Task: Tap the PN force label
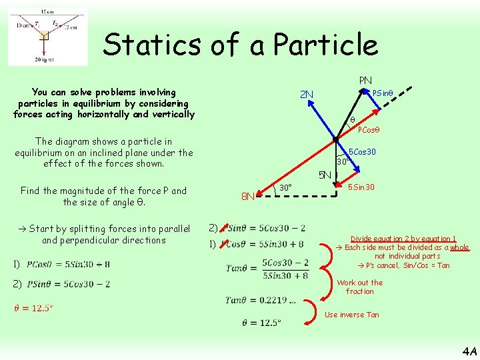(x=365, y=81)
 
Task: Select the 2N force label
(x=307, y=94)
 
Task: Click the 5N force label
(x=325, y=176)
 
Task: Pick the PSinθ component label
(x=383, y=93)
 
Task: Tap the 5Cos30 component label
(x=363, y=152)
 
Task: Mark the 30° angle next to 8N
(x=285, y=187)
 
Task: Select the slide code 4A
(x=468, y=350)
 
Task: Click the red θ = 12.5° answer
(x=33, y=307)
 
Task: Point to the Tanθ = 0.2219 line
(x=261, y=300)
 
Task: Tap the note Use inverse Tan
(x=351, y=315)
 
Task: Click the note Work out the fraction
(x=360, y=287)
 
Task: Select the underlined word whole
(x=459, y=247)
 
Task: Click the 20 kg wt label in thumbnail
(x=43, y=59)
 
